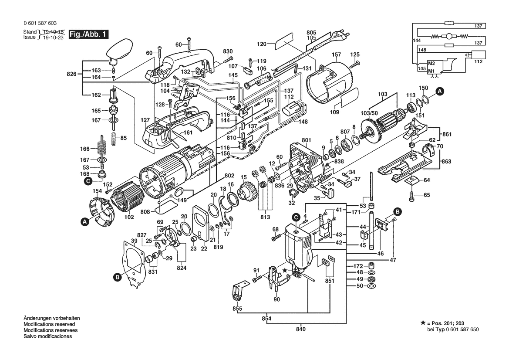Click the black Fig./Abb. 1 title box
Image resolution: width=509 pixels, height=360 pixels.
click(89, 34)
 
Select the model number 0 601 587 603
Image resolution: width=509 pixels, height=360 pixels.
click(40, 23)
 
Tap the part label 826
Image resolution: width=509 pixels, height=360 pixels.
click(71, 74)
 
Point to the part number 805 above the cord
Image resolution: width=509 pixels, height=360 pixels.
click(311, 33)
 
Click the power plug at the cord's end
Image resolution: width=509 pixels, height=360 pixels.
click(340, 34)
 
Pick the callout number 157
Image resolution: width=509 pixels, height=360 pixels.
click(337, 54)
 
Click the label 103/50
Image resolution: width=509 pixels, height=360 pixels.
click(369, 113)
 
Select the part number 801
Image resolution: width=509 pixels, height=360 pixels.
click(307, 140)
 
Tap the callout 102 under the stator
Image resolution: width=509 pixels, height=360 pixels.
click(129, 217)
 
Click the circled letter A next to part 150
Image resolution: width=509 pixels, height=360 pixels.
click(439, 92)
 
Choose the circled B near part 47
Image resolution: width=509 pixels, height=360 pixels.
click(398, 212)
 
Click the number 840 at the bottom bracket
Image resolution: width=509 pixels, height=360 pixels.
click(301, 329)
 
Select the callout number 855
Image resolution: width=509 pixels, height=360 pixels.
click(237, 309)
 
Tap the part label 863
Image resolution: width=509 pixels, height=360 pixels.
click(447, 162)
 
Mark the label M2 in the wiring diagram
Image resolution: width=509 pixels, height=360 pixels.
click(431, 63)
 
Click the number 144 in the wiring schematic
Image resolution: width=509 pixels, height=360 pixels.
click(417, 41)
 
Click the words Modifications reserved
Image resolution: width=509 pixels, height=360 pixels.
click(49, 324)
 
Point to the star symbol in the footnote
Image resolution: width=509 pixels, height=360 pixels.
click(423, 323)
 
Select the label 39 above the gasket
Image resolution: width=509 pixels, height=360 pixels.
click(134, 241)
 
